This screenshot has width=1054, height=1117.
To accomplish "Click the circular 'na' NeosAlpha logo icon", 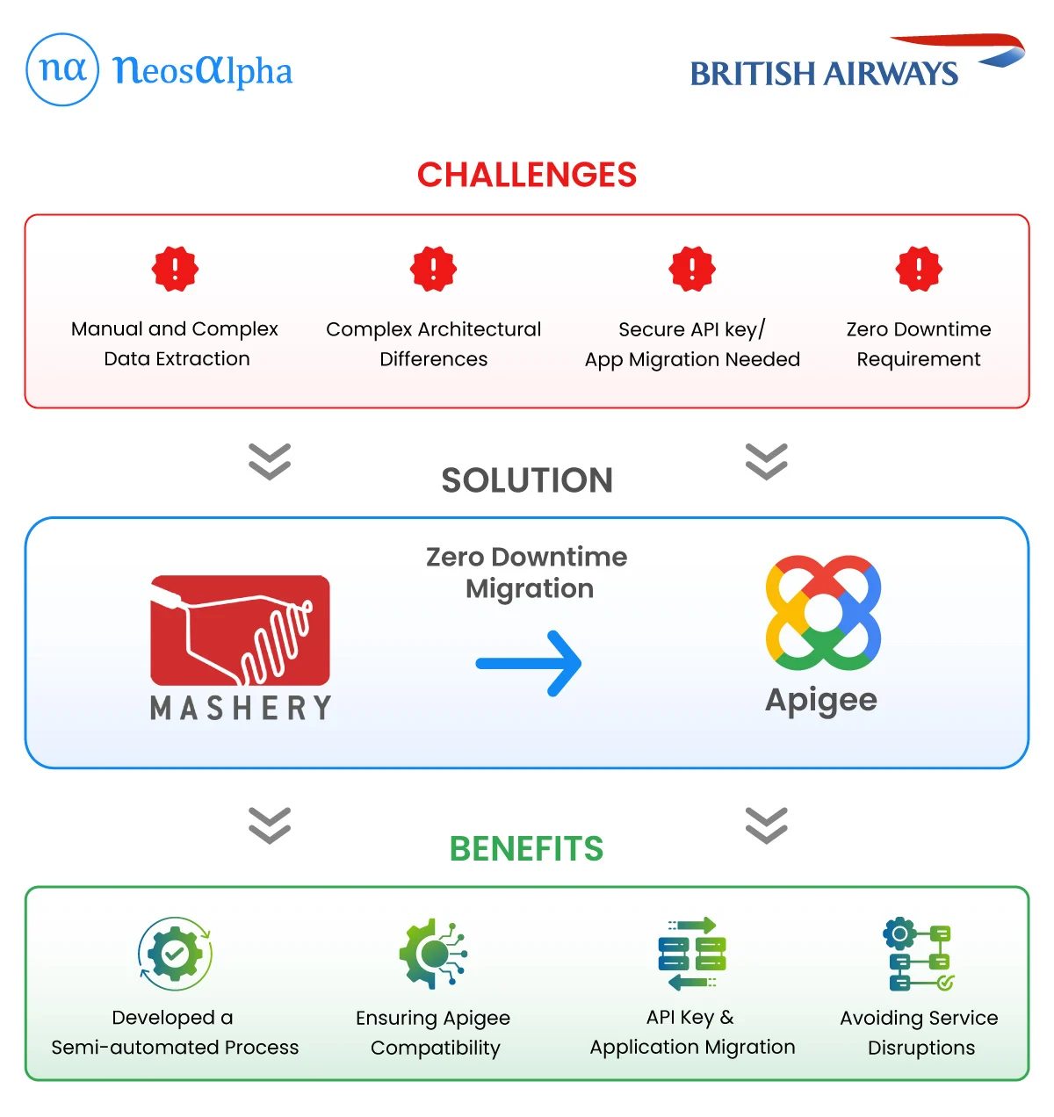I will [x=62, y=70].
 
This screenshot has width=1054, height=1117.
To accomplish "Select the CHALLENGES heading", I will [x=526, y=175].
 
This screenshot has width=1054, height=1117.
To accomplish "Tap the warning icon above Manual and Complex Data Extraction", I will [x=175, y=269].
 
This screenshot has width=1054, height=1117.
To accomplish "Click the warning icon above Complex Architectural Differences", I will [x=433, y=269].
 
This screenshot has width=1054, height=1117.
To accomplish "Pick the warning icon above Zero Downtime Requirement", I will [x=919, y=269].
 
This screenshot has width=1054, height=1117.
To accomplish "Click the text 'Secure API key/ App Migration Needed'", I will [x=692, y=344].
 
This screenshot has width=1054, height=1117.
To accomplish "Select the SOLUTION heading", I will [x=526, y=480].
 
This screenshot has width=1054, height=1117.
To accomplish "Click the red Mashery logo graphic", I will [x=240, y=630].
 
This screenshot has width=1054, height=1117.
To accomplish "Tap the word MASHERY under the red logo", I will [x=241, y=708].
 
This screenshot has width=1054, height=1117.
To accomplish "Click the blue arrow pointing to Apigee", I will [x=529, y=664].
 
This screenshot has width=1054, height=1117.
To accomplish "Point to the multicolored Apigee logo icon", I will [x=823, y=612].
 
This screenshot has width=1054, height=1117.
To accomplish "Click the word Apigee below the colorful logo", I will [x=821, y=701].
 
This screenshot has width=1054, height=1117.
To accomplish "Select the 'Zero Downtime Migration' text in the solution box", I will [x=527, y=573].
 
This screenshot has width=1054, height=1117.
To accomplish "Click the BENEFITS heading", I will [x=526, y=849].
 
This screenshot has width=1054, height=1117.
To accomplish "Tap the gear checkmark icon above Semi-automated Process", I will [x=175, y=954].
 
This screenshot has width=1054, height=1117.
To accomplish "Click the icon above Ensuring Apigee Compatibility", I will [x=433, y=954].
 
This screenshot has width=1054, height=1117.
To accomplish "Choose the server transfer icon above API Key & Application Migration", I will [x=692, y=954].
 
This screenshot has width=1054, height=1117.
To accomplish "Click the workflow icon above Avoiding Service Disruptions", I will [x=919, y=954].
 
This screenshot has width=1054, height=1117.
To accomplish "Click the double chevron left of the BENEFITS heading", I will [x=270, y=825].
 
